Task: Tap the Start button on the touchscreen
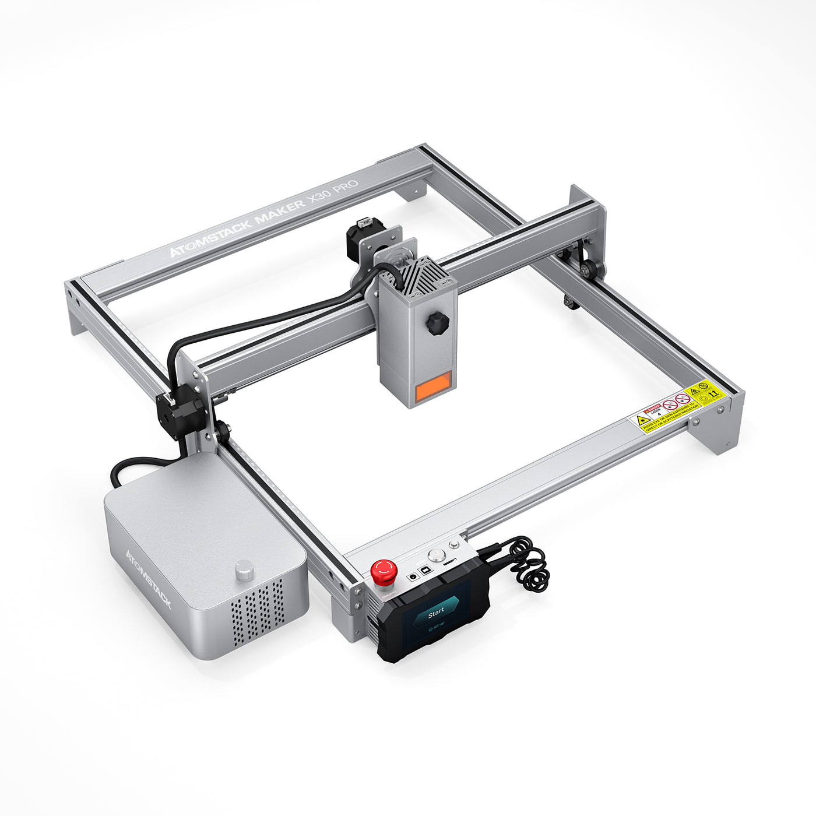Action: tap(435, 614)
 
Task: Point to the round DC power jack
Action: tap(413, 575)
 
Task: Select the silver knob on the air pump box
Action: tap(244, 571)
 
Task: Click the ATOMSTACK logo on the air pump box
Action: tap(149, 578)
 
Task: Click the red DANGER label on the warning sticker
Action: tap(653, 409)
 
